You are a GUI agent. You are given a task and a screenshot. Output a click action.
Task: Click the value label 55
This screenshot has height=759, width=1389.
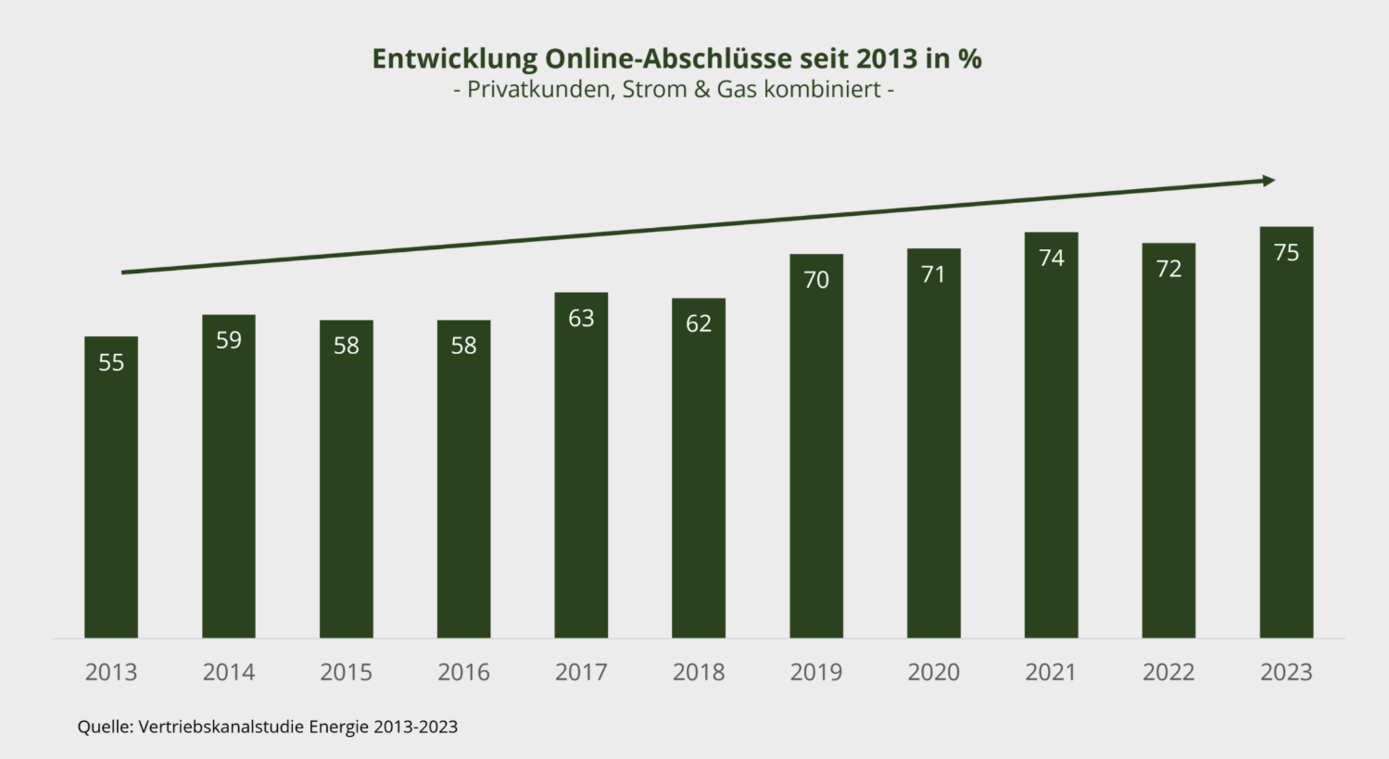pos(111,362)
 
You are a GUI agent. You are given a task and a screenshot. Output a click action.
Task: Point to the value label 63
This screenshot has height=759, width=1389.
pos(581,319)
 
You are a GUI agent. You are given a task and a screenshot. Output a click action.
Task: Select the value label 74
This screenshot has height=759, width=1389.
pos(1051,258)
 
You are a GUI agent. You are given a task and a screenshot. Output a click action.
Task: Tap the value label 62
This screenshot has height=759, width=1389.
pos(699,323)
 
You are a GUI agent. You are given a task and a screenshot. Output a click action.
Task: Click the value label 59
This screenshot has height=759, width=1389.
pos(229,340)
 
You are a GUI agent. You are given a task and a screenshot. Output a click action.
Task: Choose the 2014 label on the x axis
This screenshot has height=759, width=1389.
pos(229,672)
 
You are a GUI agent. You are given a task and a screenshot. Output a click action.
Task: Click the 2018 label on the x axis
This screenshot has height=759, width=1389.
pos(699,672)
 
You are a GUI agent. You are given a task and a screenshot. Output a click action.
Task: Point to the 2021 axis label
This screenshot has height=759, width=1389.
pos(1051,672)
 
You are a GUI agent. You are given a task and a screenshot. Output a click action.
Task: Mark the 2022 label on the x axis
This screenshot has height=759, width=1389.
pos(1168,672)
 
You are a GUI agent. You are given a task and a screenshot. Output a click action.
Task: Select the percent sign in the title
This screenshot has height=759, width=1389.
pos(970,59)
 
